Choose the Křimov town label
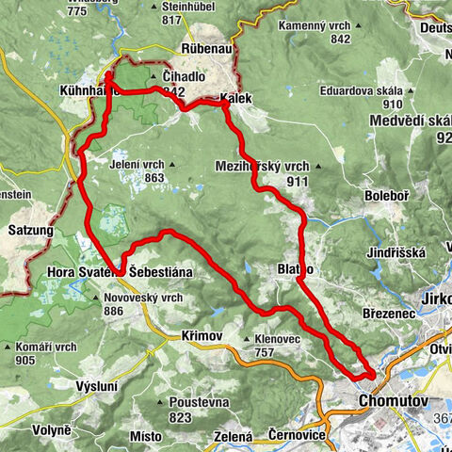point(202,335)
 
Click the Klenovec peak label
point(275,340)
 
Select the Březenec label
point(388,315)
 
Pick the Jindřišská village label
point(396,251)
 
